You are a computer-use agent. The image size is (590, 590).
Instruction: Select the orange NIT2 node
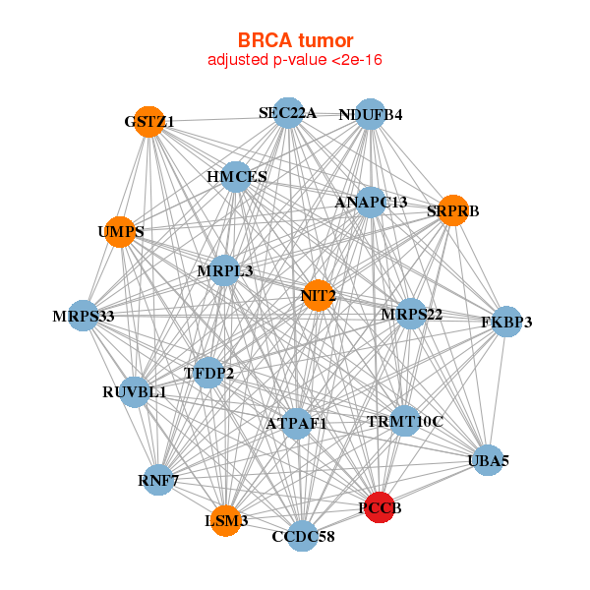tap(318, 295)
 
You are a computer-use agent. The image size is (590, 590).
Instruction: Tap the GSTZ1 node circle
tap(148, 122)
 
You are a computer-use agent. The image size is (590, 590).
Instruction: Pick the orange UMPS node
tap(120, 232)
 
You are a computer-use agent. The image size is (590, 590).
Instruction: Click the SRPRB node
tap(452, 210)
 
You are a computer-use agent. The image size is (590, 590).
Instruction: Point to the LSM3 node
tap(226, 520)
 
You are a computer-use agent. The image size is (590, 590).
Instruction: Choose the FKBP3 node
tap(506, 322)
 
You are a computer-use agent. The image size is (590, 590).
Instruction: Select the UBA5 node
tap(489, 459)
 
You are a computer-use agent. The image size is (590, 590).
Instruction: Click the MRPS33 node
tap(84, 316)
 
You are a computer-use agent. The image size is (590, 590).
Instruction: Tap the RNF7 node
tap(158, 480)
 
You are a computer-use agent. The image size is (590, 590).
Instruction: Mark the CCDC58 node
tap(303, 536)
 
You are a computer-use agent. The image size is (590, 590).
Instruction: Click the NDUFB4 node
tap(370, 114)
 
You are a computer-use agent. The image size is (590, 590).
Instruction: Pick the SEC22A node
tap(287, 113)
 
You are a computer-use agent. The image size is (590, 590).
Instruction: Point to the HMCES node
tap(236, 177)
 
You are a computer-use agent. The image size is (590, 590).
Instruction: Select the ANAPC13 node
tap(371, 203)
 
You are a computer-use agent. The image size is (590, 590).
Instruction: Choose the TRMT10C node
tap(404, 421)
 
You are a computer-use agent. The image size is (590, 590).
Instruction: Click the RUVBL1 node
tap(135, 392)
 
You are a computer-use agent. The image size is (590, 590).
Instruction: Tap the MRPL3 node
tap(224, 270)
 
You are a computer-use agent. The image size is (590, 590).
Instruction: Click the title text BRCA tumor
tap(295, 40)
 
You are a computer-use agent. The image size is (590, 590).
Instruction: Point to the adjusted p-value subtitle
tap(295, 60)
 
